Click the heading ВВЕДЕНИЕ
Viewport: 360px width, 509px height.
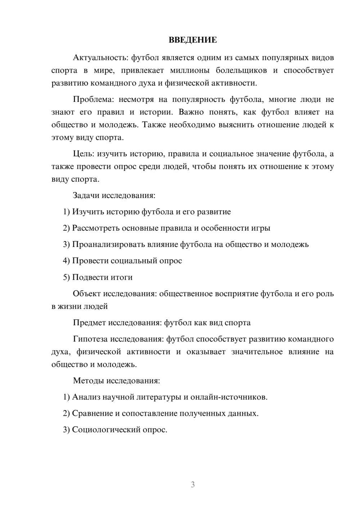[x=193, y=40]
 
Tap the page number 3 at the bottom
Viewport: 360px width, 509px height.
[x=193, y=485]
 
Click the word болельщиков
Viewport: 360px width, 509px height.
[x=241, y=70]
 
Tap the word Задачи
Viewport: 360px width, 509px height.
[x=86, y=195]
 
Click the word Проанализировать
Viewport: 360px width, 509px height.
[x=108, y=244]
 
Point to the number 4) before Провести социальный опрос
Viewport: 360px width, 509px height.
[x=66, y=261]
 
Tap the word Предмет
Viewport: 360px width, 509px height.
[x=89, y=323]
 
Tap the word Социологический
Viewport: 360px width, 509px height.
[x=107, y=430]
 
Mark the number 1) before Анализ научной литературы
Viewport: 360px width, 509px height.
[x=66, y=397]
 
